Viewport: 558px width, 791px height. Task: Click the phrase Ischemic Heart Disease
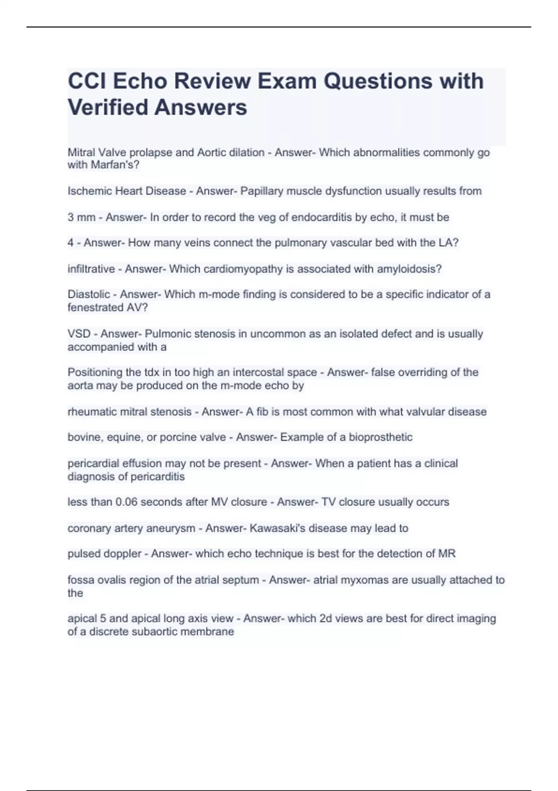[x=126, y=191]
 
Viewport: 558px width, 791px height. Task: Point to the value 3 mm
[x=81, y=217]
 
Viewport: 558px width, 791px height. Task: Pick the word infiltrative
[x=91, y=269]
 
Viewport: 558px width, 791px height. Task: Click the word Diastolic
[x=89, y=294]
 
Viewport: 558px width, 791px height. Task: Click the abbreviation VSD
[x=79, y=334]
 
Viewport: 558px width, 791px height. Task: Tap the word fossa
[x=80, y=580]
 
